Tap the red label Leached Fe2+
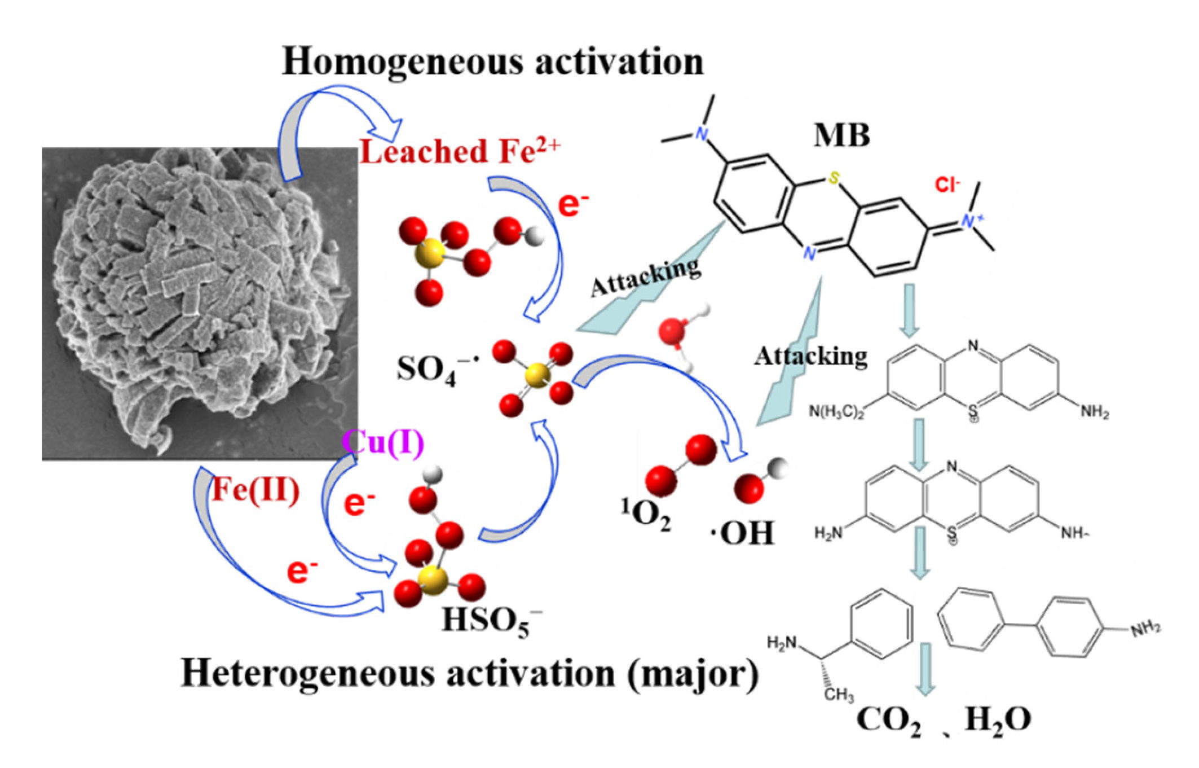tap(460, 151)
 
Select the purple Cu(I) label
tap(383, 442)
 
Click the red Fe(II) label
tap(255, 490)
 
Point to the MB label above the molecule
tap(841, 135)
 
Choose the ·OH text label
tap(743, 532)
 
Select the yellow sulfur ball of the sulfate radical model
tap(537, 374)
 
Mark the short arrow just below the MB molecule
tap(909, 310)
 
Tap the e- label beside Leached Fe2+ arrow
tap(573, 204)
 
